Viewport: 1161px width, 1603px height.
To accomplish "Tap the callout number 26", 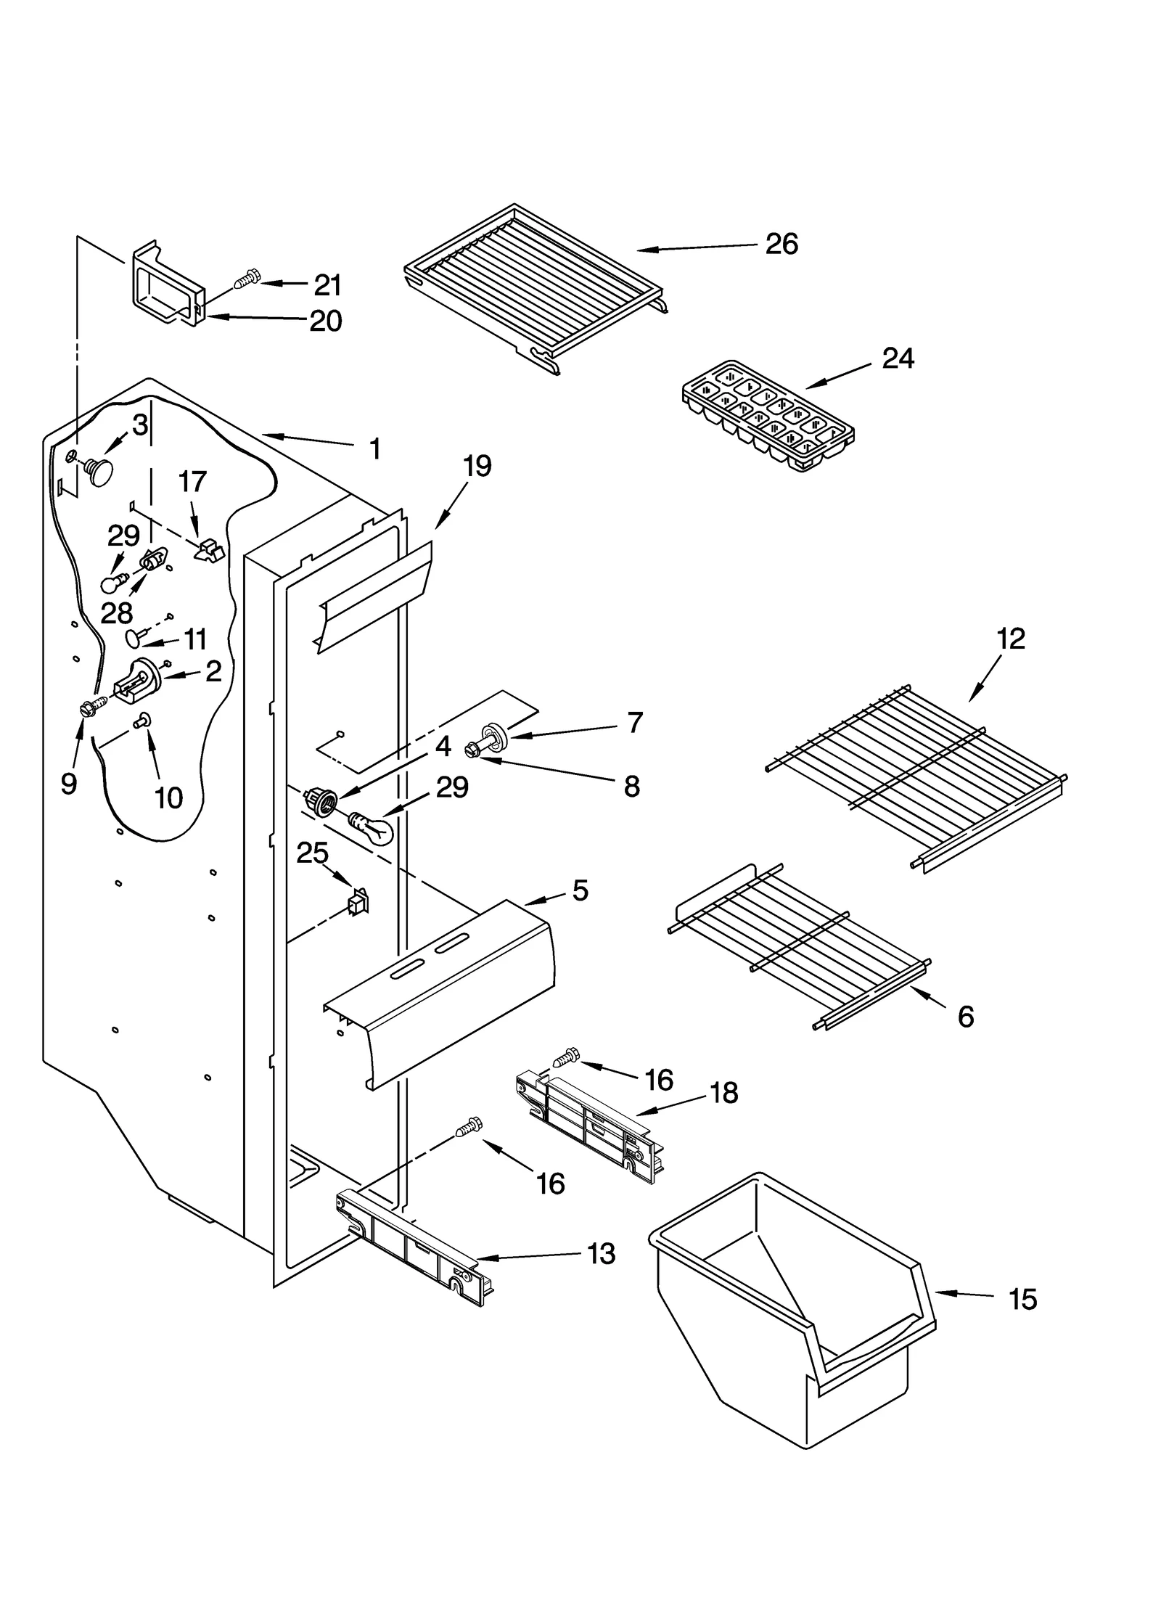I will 781,244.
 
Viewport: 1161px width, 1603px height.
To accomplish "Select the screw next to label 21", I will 247,278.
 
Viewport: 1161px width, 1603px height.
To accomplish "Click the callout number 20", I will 325,320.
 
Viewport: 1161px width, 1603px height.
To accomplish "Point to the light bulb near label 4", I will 373,827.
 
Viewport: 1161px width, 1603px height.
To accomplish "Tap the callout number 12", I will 1010,639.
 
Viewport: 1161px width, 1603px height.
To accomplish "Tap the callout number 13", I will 601,1253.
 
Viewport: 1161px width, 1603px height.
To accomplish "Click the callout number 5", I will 580,890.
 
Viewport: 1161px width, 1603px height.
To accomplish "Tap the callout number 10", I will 168,798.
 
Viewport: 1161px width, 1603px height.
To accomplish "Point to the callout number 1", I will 374,449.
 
